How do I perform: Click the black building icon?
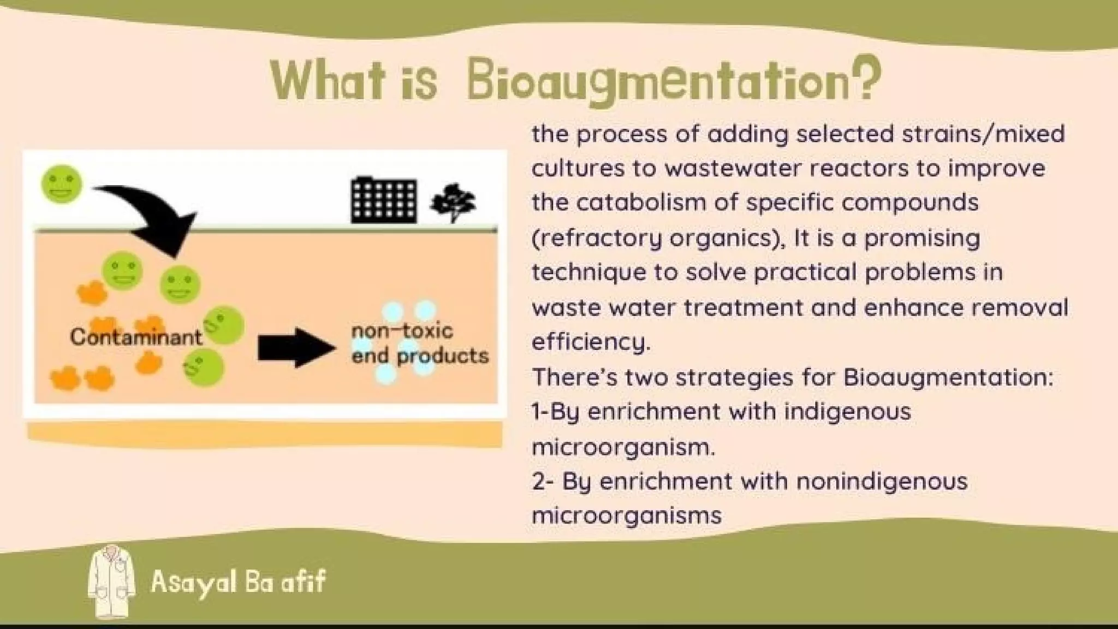[x=384, y=200]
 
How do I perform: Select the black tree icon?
[x=453, y=203]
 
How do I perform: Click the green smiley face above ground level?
[x=62, y=185]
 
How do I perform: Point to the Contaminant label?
[x=136, y=337]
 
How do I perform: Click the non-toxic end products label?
[x=419, y=343]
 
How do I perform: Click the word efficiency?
[x=590, y=342]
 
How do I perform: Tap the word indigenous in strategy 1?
[x=847, y=411]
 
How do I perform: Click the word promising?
[x=922, y=239]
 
